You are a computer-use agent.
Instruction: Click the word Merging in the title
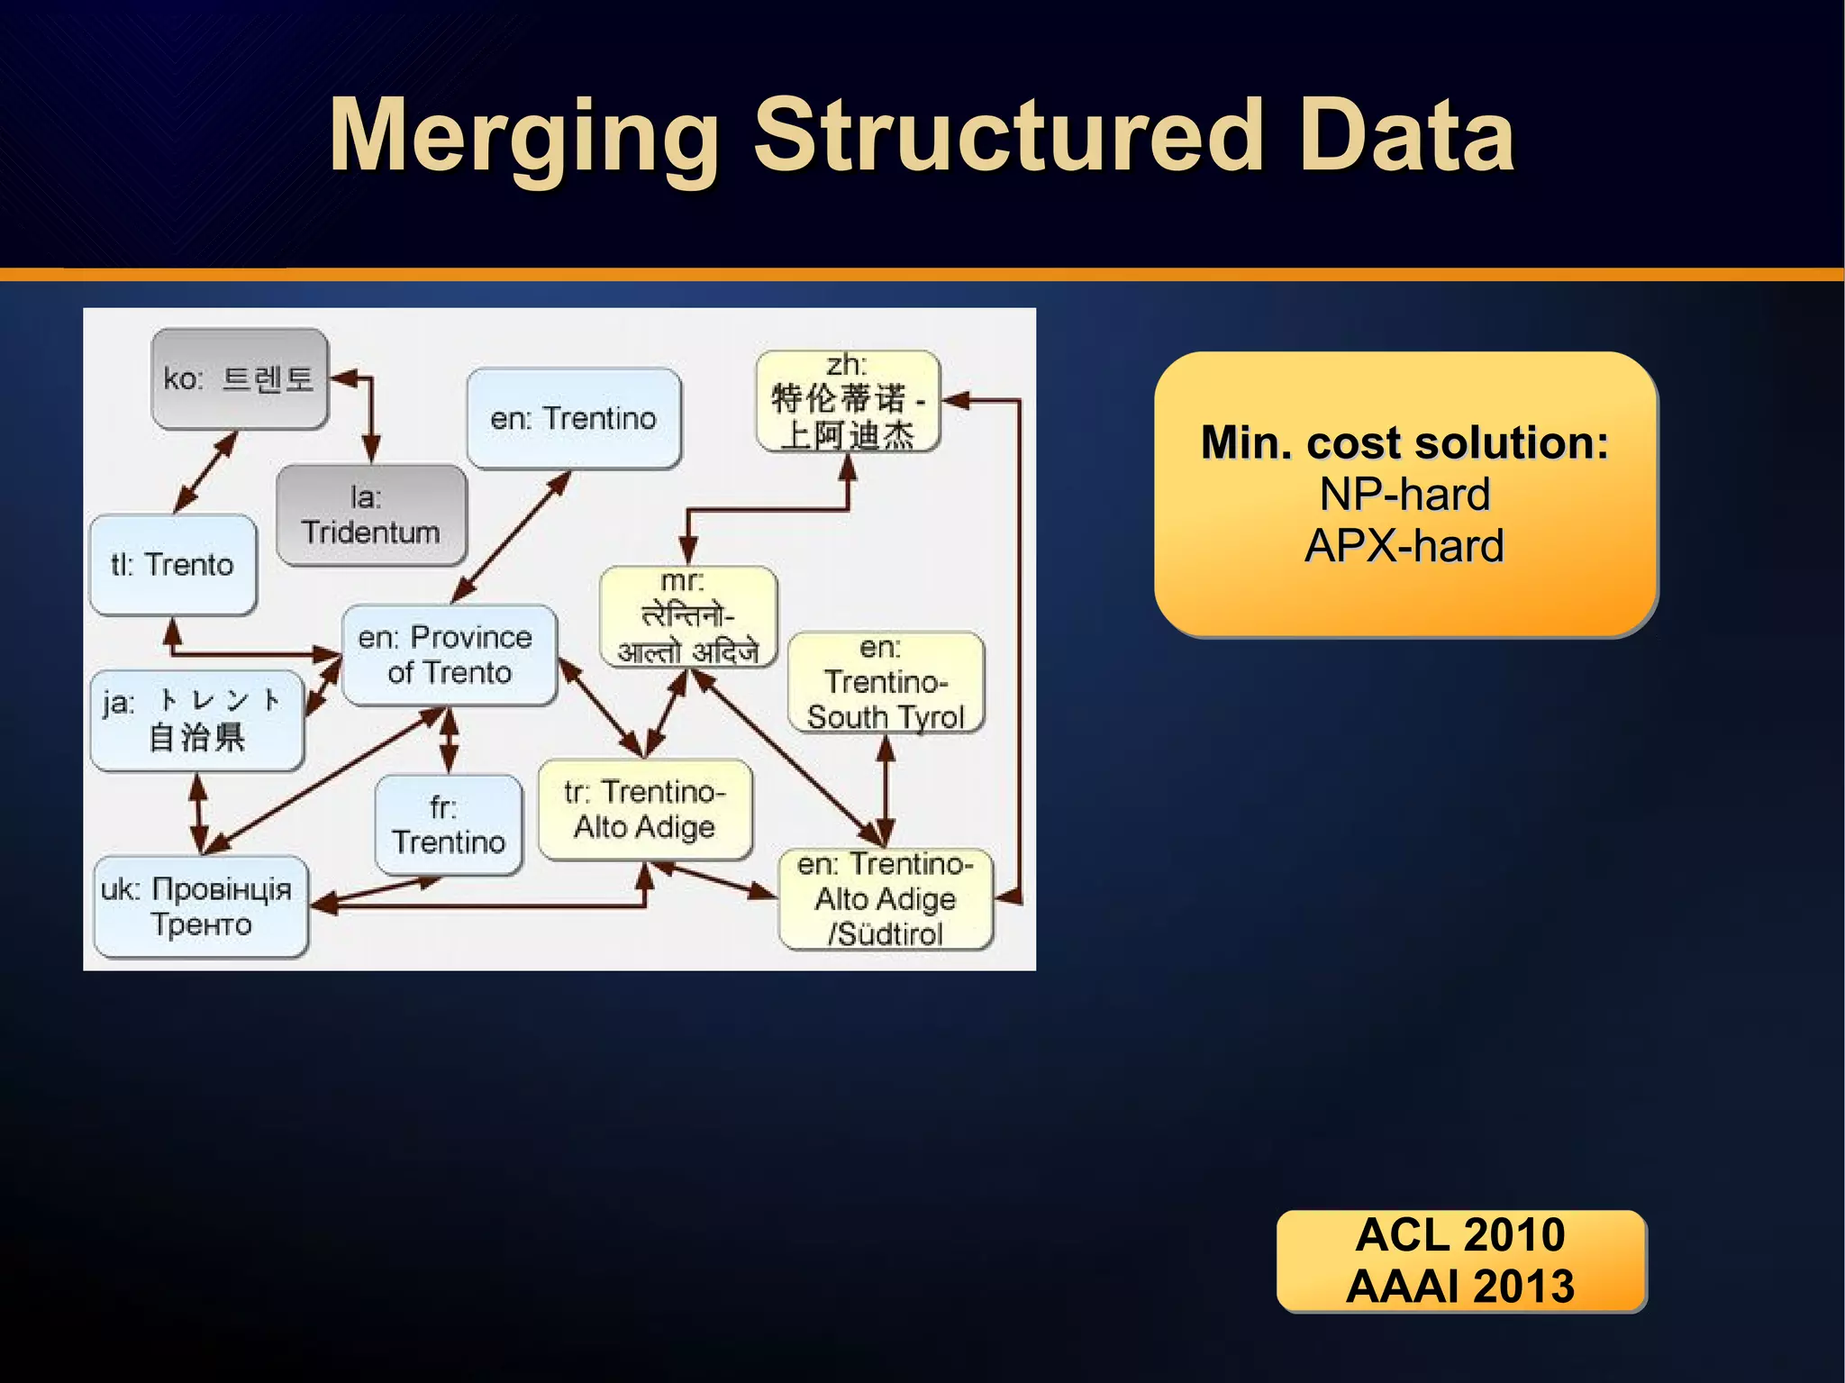pos(523,137)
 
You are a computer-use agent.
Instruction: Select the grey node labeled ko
pos(239,378)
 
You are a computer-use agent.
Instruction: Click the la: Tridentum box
pos(370,515)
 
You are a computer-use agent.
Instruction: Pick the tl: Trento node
pos(172,565)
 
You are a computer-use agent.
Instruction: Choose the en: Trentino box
pos(573,419)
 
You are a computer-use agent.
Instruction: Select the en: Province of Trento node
pos(448,655)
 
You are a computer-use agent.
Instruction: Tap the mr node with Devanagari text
pos(687,617)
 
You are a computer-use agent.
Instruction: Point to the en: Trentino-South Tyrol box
pos(885,683)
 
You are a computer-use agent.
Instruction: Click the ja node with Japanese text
pos(195,720)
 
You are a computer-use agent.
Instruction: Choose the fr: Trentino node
pos(448,824)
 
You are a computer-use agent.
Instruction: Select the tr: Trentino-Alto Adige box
pos(644,809)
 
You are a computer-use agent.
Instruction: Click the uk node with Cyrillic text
pos(199,906)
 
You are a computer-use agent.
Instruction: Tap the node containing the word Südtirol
pos(885,899)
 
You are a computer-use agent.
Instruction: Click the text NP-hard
pos(1404,494)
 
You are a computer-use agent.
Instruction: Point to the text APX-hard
pos(1404,546)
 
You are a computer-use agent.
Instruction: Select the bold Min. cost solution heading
pos(1404,442)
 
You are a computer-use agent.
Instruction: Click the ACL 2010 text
pos(1459,1234)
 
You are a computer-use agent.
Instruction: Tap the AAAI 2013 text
pos(1459,1286)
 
